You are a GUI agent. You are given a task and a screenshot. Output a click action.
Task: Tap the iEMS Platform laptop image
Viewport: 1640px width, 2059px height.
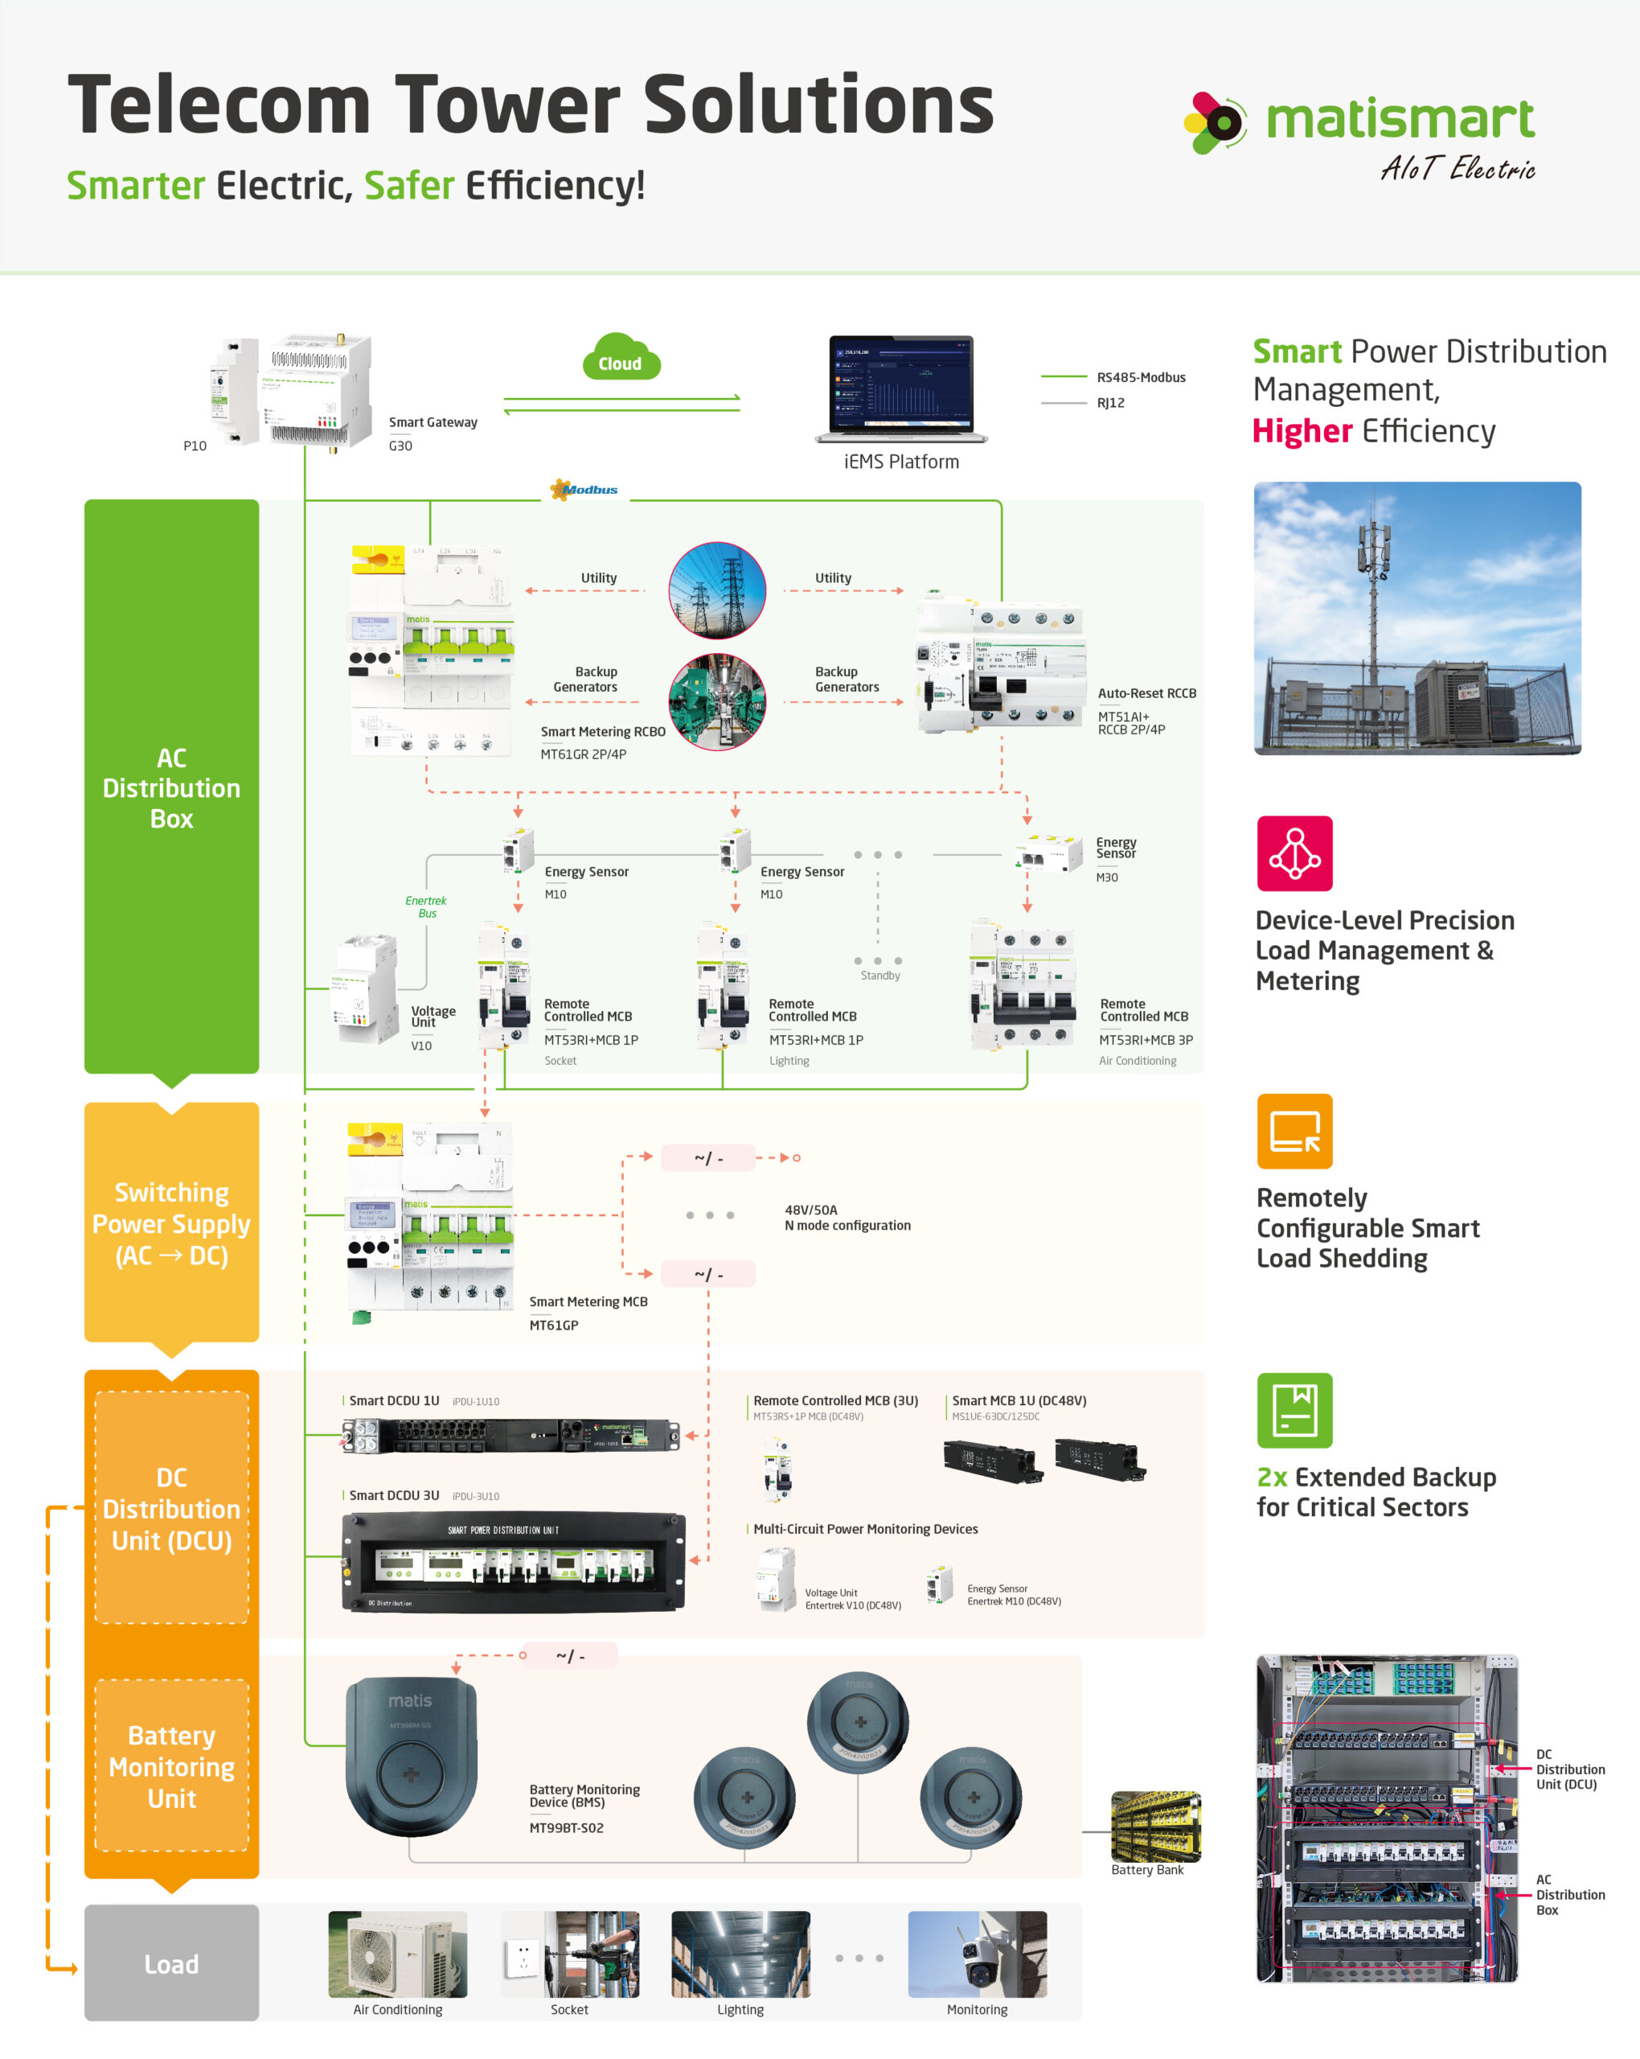click(x=900, y=388)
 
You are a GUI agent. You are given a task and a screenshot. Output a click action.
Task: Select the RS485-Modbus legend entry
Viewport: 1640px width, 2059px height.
click(x=1140, y=377)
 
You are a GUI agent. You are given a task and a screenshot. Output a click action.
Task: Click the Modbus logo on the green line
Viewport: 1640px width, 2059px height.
click(x=584, y=489)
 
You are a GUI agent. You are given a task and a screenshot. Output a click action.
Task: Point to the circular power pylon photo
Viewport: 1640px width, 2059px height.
click(x=717, y=590)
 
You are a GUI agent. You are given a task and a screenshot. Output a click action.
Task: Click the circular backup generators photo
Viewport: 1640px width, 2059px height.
click(x=717, y=702)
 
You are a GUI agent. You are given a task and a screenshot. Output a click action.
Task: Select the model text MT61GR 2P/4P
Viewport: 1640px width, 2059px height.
click(x=584, y=754)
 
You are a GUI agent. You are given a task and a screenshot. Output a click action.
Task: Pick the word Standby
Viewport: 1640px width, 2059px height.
click(x=879, y=975)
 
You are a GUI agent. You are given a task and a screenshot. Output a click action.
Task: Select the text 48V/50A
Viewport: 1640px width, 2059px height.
click(x=810, y=1209)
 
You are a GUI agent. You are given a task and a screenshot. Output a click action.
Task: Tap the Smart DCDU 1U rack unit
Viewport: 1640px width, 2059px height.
click(x=510, y=1436)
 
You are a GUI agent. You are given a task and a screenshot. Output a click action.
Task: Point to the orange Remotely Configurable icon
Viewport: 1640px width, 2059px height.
click(x=1294, y=1131)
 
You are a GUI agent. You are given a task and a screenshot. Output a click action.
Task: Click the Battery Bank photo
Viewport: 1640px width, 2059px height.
click(x=1155, y=1826)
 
